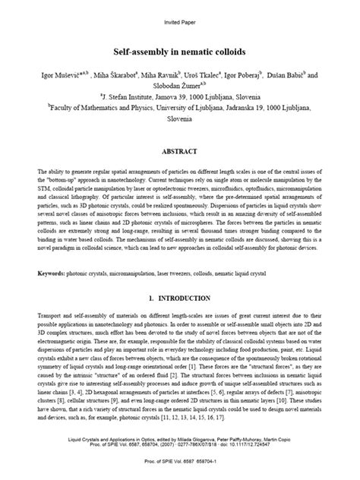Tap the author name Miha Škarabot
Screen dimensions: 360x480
116,76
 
